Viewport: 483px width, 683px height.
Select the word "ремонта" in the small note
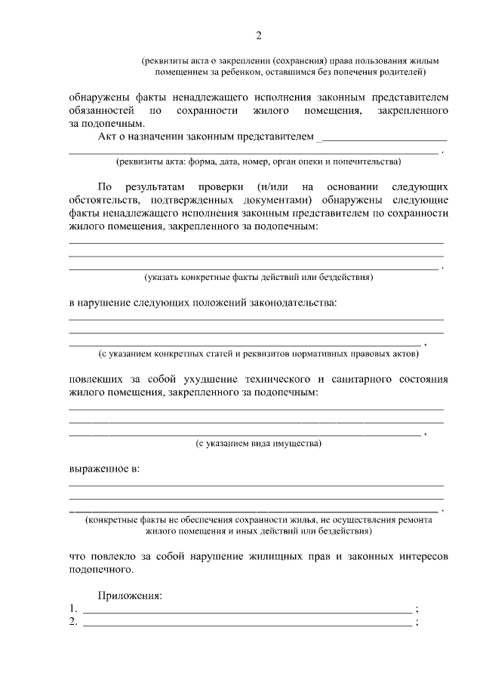(x=414, y=520)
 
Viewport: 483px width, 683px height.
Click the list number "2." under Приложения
(x=72, y=623)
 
